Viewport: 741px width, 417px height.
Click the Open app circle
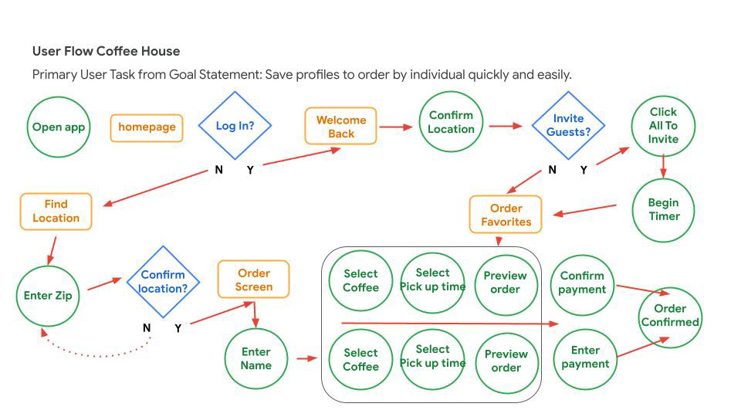tap(59, 127)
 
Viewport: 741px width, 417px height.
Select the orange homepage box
tap(147, 127)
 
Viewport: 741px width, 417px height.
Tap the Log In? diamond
tap(235, 126)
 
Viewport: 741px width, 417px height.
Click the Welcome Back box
tap(341, 127)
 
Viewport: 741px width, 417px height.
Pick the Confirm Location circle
tap(451, 123)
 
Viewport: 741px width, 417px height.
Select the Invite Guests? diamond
tap(568, 125)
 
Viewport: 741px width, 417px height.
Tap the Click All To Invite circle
tap(663, 125)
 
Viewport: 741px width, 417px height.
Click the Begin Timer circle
tap(663, 209)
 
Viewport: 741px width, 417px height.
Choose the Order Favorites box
tap(506, 215)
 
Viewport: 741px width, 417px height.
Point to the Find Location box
tap(56, 212)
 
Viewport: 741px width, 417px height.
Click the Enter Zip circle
tap(48, 296)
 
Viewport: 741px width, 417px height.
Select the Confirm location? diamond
tap(163, 282)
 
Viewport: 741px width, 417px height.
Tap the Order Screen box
tap(254, 280)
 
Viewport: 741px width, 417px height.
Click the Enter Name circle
tap(255, 359)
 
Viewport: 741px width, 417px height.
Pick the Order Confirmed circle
tap(670, 316)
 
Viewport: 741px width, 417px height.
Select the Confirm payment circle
tap(582, 283)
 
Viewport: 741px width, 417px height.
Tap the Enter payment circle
tap(585, 358)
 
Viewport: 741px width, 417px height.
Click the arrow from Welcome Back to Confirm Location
tap(396, 127)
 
